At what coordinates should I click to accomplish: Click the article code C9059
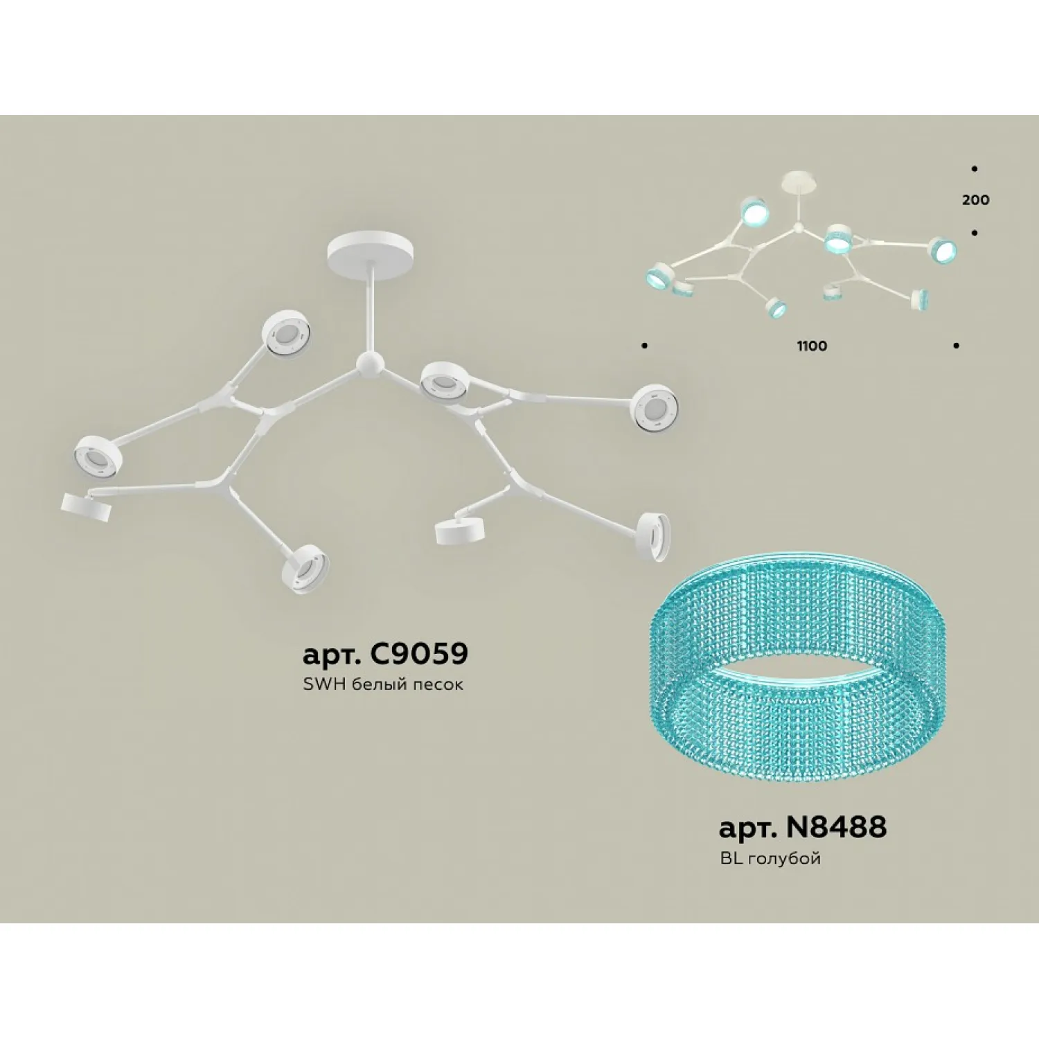coord(419,652)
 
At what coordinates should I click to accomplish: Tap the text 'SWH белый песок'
coord(383,684)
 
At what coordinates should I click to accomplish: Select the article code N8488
coord(836,826)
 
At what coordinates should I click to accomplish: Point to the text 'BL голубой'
coord(770,858)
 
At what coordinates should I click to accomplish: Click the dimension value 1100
coord(812,346)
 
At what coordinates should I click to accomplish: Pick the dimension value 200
coord(975,200)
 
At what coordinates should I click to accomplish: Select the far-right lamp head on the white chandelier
coord(654,407)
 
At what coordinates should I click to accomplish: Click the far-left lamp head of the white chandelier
coord(98,456)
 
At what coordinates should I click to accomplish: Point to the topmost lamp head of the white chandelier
coord(286,333)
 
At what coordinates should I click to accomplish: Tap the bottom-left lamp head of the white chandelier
coord(87,506)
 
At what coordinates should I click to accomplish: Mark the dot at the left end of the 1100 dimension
coord(645,345)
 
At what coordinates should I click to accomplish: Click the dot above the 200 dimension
coord(975,168)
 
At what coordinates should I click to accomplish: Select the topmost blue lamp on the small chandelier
coord(754,211)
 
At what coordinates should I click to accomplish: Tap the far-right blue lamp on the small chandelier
coord(943,250)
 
